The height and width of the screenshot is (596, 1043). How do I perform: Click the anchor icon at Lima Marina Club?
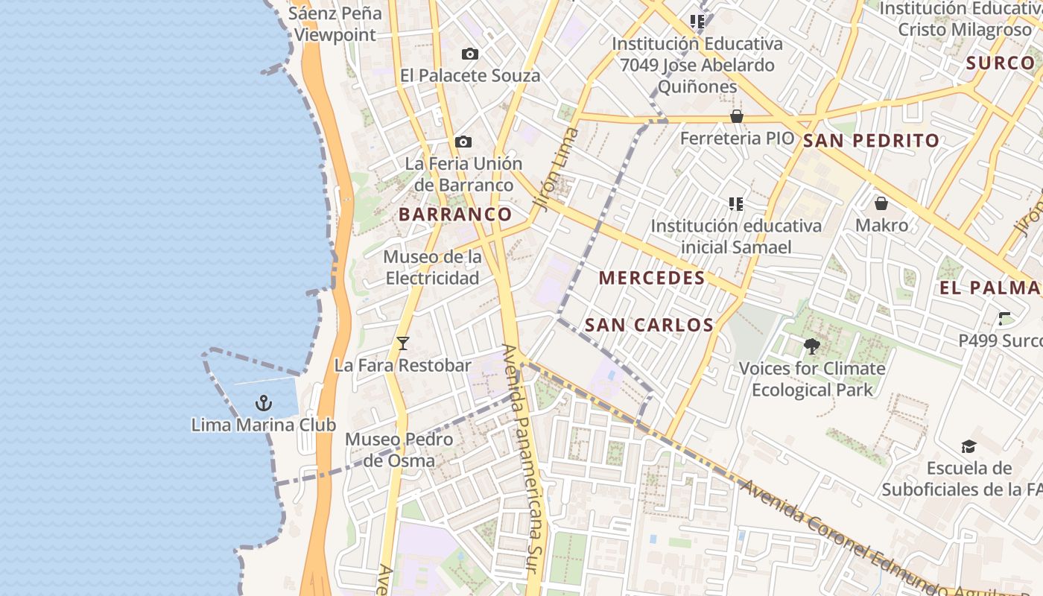click(x=263, y=403)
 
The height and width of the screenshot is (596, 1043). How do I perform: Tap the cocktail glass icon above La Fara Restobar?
click(x=403, y=343)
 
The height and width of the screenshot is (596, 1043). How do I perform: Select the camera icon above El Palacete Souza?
click(x=469, y=54)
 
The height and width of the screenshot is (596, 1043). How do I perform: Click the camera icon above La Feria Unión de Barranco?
click(x=463, y=142)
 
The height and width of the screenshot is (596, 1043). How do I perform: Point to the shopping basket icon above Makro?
click(x=881, y=203)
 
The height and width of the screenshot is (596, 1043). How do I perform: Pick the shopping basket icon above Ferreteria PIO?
click(x=737, y=116)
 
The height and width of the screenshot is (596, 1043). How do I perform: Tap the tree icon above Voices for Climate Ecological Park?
click(x=811, y=346)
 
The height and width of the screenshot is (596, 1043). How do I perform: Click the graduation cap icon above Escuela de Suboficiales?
click(x=968, y=446)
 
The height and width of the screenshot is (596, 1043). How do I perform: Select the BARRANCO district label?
click(x=455, y=215)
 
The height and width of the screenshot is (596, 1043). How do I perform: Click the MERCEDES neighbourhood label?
click(x=652, y=279)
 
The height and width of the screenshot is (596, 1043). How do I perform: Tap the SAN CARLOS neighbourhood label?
click(x=649, y=325)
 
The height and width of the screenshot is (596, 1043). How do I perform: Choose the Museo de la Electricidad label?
click(x=432, y=267)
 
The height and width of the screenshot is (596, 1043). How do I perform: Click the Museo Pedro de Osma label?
click(x=399, y=450)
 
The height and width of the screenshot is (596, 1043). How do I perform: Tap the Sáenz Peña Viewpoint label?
click(x=335, y=24)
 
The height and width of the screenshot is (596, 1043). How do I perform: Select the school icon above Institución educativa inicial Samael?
click(x=736, y=203)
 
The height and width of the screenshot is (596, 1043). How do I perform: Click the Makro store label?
click(x=881, y=225)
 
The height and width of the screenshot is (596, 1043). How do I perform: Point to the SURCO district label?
click(x=1000, y=63)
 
